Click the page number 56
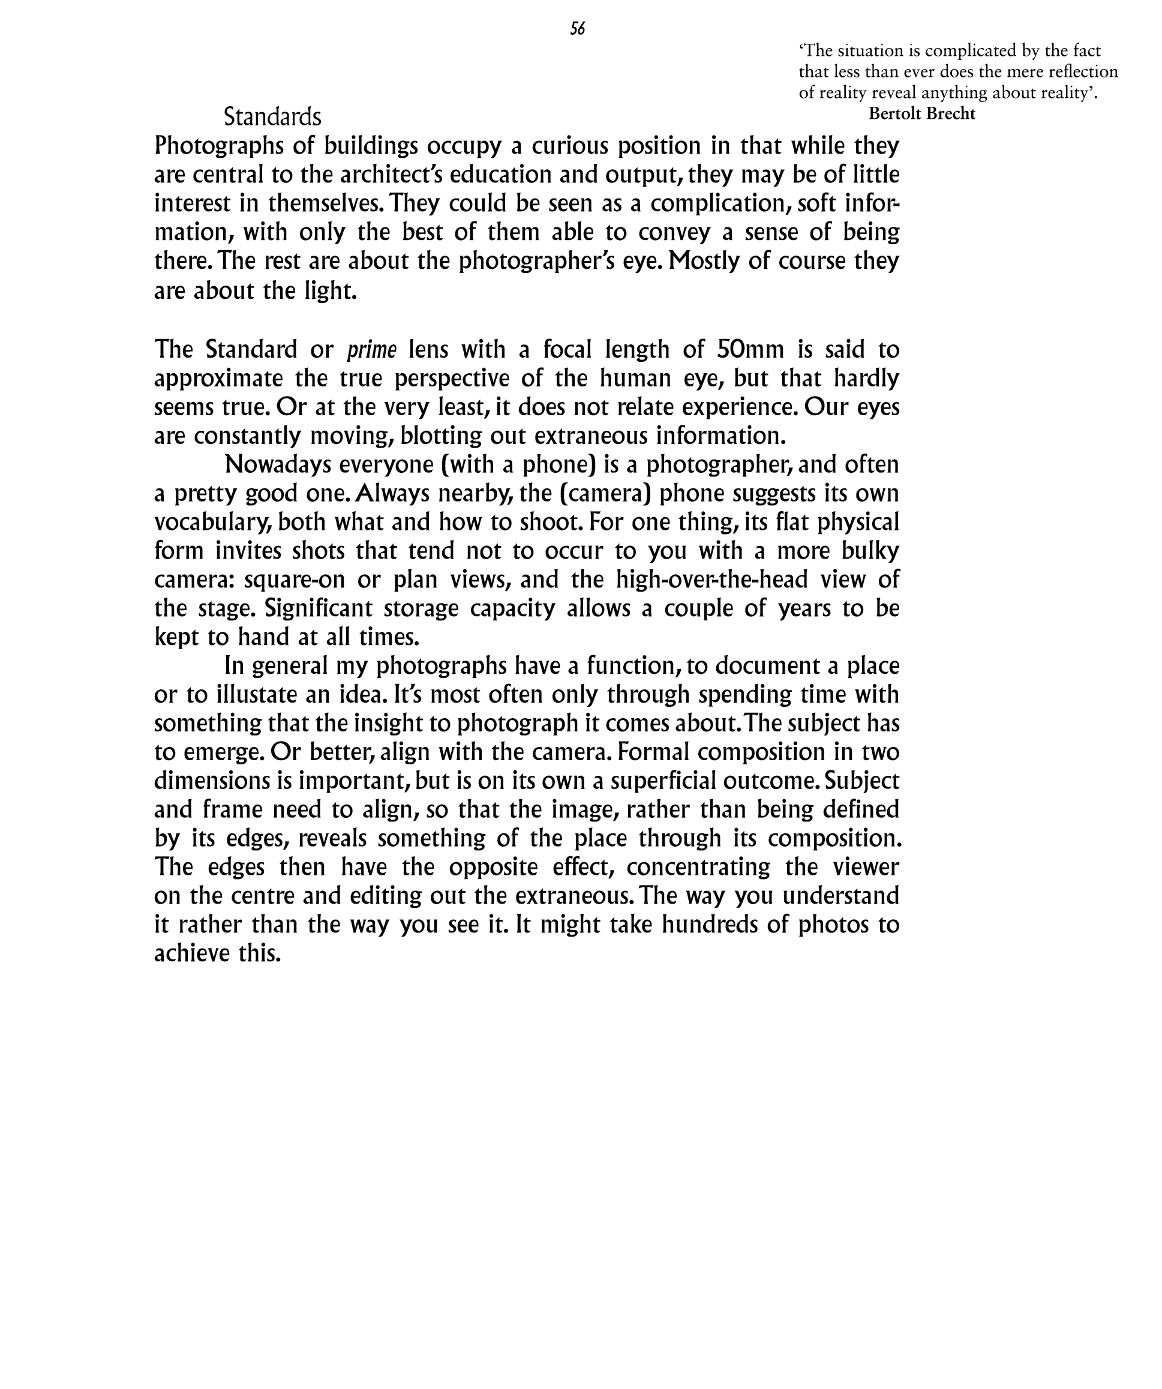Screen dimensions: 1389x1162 (x=577, y=28)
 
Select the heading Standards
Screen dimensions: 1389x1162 (x=272, y=117)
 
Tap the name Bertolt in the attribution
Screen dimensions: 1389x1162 (x=895, y=114)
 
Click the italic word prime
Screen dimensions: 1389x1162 (x=372, y=349)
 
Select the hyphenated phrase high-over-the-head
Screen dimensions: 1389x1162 (x=711, y=580)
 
